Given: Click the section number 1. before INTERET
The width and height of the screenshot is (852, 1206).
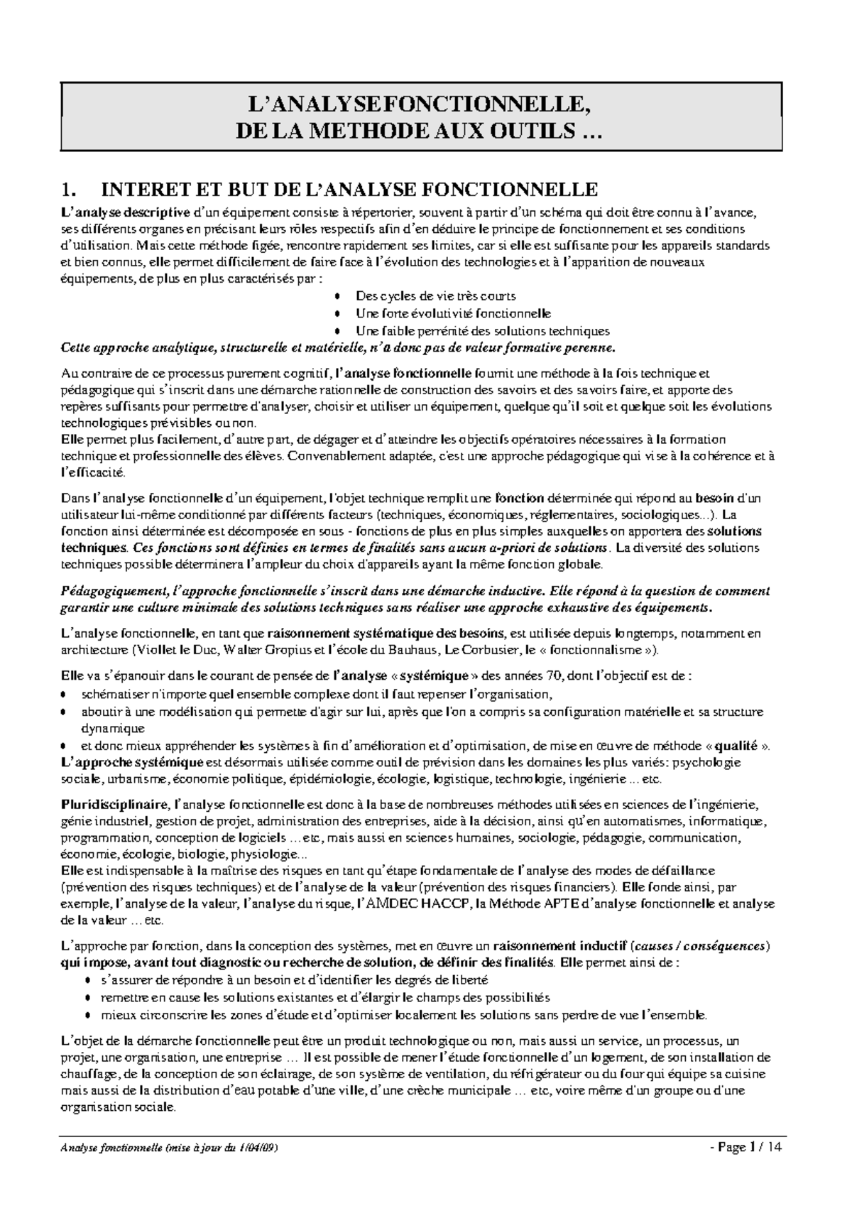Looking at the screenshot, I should (x=68, y=190).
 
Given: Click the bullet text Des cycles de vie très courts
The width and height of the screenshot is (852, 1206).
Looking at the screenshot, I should (x=435, y=296).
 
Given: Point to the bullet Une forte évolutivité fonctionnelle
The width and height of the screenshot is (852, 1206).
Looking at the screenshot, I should (x=453, y=313).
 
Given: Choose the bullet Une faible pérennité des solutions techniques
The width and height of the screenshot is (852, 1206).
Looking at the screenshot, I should (x=482, y=331).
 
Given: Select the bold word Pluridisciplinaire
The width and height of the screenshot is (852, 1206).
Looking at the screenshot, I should (x=115, y=805).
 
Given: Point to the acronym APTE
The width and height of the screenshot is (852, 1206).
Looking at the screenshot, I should (x=562, y=904).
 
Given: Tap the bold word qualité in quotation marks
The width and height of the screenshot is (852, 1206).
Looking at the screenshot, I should (x=736, y=746).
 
